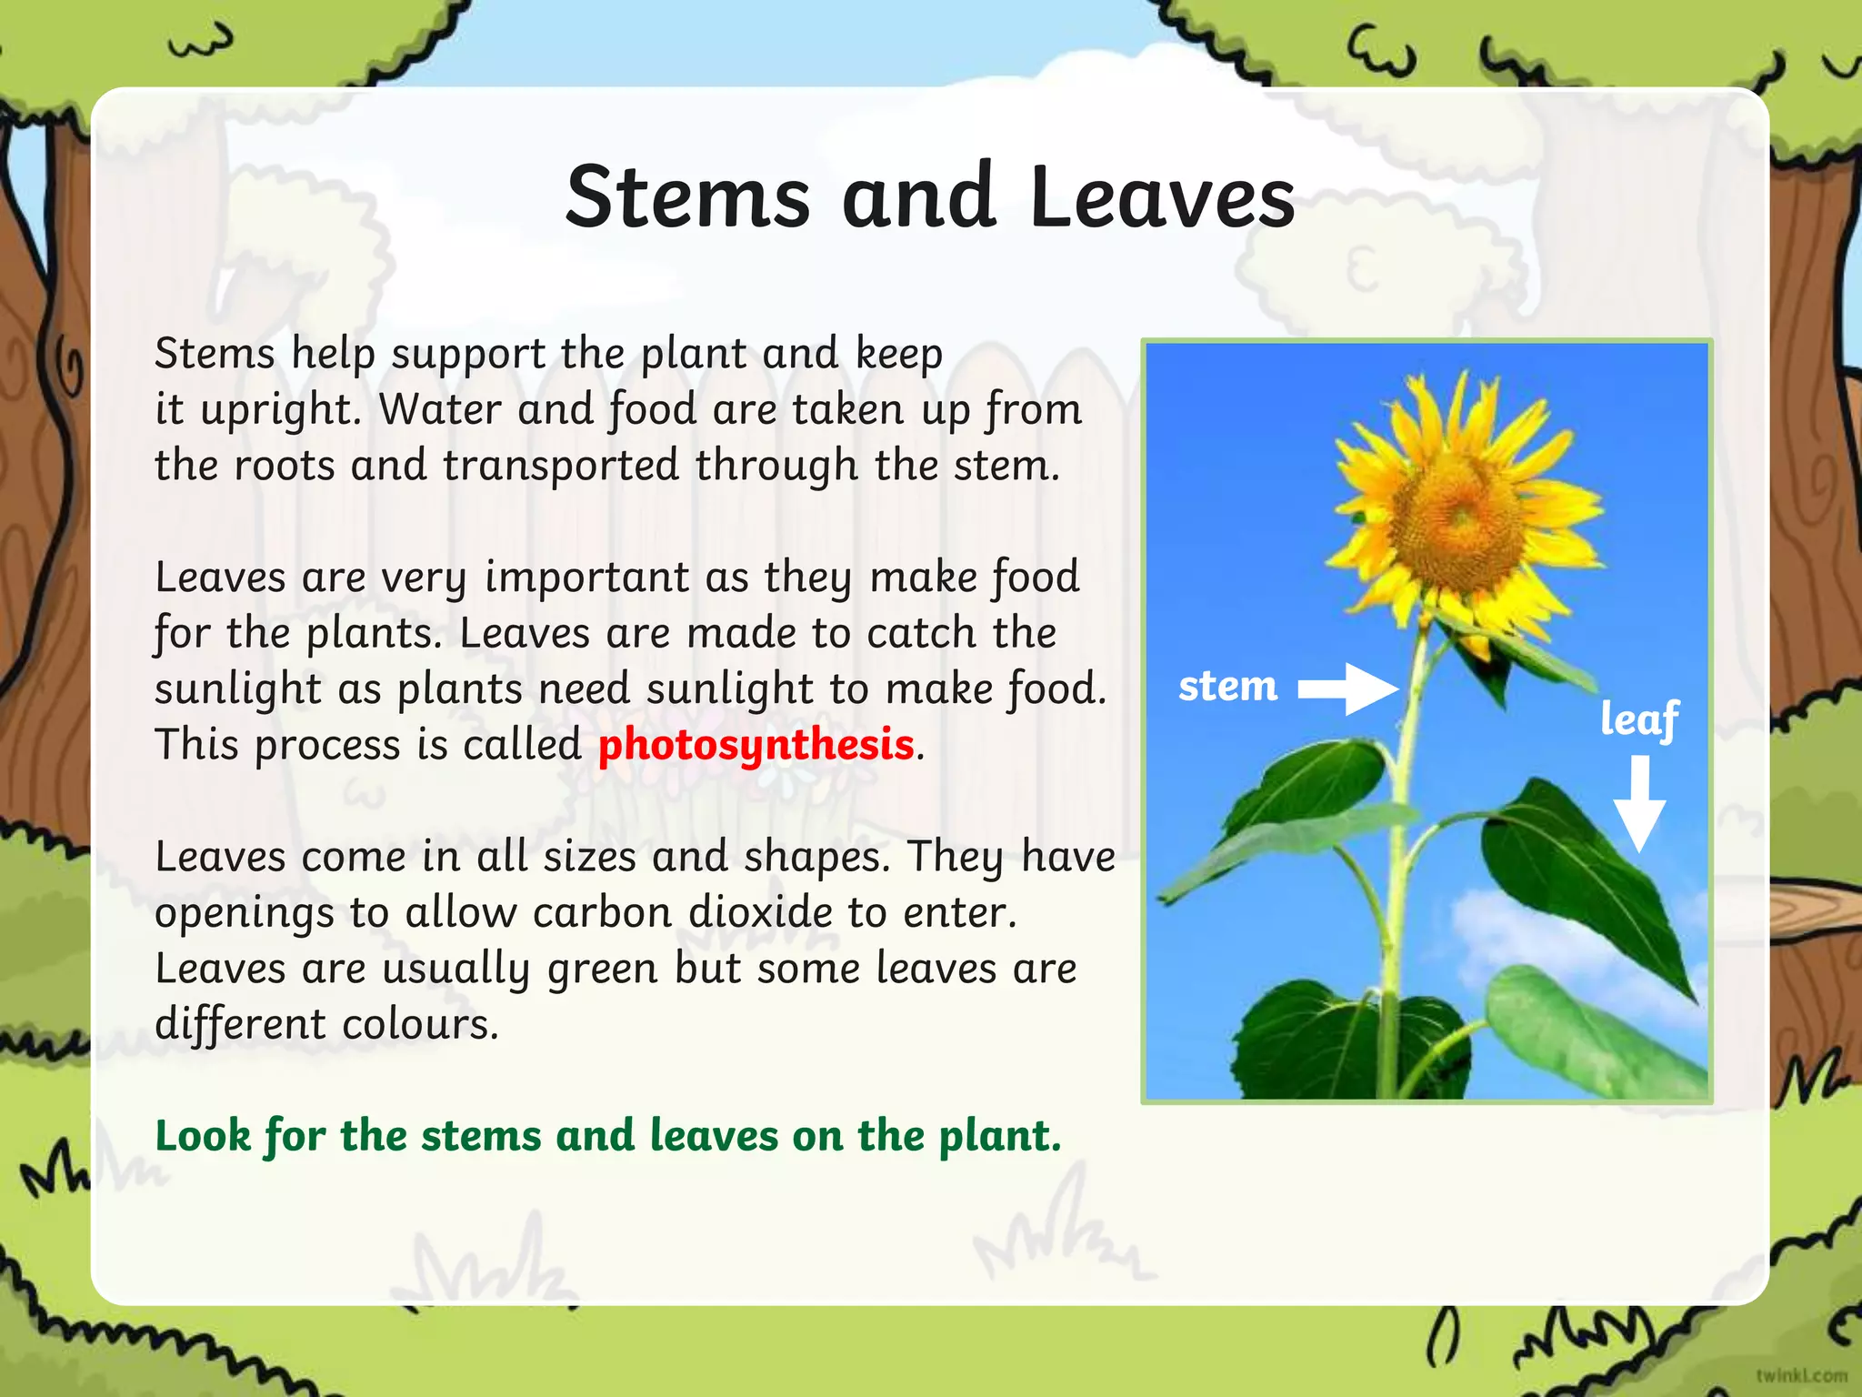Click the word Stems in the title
point(686,197)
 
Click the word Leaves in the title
point(1162,197)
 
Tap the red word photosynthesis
point(756,746)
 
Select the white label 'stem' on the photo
point(1227,687)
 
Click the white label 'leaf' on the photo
point(1639,720)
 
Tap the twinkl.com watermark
point(1801,1375)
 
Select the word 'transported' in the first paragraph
point(561,466)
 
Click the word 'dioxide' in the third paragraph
point(760,913)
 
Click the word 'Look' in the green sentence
point(202,1136)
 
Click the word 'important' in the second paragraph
point(586,578)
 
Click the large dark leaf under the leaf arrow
point(1582,873)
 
